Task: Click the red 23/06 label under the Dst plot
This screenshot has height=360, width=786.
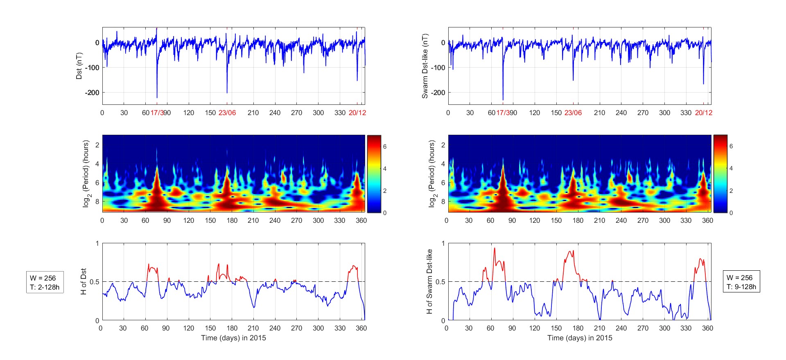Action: pos(227,113)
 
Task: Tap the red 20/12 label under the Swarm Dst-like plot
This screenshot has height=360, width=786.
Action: pos(703,113)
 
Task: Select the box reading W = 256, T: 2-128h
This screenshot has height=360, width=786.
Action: pos(45,282)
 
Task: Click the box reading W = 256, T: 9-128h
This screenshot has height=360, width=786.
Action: pos(741,282)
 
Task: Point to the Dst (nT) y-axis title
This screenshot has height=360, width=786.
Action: pos(79,66)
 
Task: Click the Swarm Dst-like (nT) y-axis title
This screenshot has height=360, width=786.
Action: pos(425,66)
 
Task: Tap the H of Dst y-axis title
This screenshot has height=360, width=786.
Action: pos(84,281)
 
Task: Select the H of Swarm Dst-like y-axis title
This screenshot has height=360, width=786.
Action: pos(429,281)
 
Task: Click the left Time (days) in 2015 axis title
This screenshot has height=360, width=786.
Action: pos(233,338)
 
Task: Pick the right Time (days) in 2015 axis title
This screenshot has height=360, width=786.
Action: pos(580,338)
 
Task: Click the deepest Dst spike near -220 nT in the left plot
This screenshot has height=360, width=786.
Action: pos(157,97)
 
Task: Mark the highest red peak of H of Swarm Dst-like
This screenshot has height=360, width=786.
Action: pos(494,248)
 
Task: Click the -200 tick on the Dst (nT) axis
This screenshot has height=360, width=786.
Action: pos(92,93)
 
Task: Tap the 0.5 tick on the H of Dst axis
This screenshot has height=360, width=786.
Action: pos(95,282)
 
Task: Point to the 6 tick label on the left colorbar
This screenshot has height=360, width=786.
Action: pos(384,147)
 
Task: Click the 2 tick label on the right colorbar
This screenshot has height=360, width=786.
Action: pos(731,191)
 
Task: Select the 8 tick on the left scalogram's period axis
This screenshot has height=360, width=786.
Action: pos(97,202)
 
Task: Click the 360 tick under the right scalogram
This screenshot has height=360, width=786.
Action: pos(707,220)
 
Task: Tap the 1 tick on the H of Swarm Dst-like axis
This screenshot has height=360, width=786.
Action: pos(443,243)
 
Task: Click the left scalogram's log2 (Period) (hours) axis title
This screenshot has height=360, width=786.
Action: pos(86,174)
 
